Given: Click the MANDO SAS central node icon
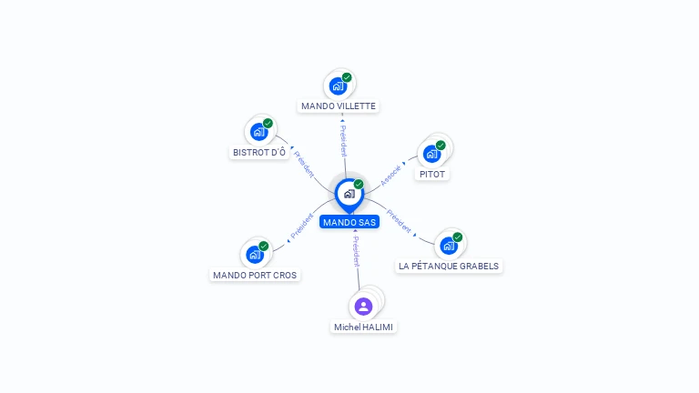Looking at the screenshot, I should (349, 194).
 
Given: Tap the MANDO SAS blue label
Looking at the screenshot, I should (349, 222).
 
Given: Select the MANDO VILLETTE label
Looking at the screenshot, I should (339, 106).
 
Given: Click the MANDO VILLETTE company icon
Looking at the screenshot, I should (338, 86).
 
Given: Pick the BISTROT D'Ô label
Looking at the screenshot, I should (259, 152).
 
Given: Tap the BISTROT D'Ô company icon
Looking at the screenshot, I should (258, 132).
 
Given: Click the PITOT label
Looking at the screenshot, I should (433, 174).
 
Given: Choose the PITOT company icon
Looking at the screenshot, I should (431, 153).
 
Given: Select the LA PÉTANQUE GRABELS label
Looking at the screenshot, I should (449, 266).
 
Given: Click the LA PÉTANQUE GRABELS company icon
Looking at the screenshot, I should (448, 245).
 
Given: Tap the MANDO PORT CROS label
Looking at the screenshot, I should (255, 275).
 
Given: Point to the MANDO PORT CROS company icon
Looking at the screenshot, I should (254, 254).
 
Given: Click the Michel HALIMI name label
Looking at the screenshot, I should (364, 327).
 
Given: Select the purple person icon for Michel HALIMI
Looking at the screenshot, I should (363, 306).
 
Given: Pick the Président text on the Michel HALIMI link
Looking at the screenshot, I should (356, 252).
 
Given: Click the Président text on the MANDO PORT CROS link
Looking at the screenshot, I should (301, 227).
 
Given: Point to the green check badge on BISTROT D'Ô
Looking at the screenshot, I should (268, 124).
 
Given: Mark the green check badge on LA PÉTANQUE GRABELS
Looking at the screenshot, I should (457, 237).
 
